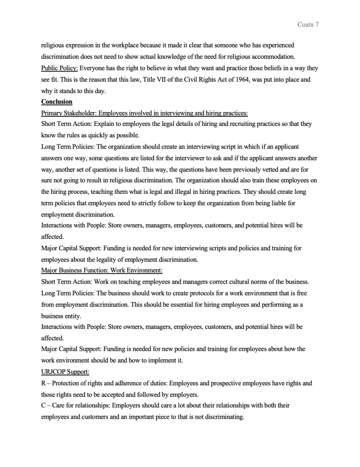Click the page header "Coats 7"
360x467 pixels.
[308, 24]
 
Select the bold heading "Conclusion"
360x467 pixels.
[57, 102]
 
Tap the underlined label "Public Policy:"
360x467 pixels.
[59, 68]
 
